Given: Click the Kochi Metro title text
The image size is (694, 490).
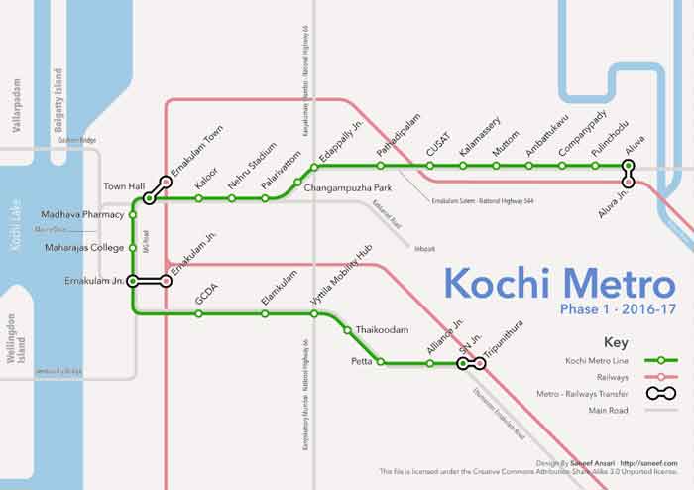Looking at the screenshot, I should [x=559, y=283].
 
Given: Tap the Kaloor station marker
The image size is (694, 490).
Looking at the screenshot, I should [x=199, y=198].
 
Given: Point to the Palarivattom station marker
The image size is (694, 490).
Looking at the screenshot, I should [x=265, y=198].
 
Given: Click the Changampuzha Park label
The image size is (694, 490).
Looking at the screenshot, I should [x=349, y=187].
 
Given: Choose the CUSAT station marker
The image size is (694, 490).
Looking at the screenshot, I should [x=428, y=166].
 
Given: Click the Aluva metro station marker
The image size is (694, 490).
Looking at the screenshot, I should [x=628, y=165].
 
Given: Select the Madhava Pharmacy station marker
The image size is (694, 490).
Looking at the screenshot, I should [x=133, y=214].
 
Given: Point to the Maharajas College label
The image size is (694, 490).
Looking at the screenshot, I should [x=85, y=247].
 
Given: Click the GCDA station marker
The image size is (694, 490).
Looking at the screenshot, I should [x=199, y=313].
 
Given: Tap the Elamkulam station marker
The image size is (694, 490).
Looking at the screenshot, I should [x=265, y=313].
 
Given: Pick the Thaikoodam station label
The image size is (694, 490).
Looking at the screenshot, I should [x=382, y=330].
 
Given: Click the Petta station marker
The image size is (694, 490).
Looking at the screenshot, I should [x=379, y=363].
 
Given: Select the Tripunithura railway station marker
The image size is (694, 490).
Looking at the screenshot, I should [x=480, y=364].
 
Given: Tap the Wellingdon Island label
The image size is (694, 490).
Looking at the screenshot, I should [x=17, y=339].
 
